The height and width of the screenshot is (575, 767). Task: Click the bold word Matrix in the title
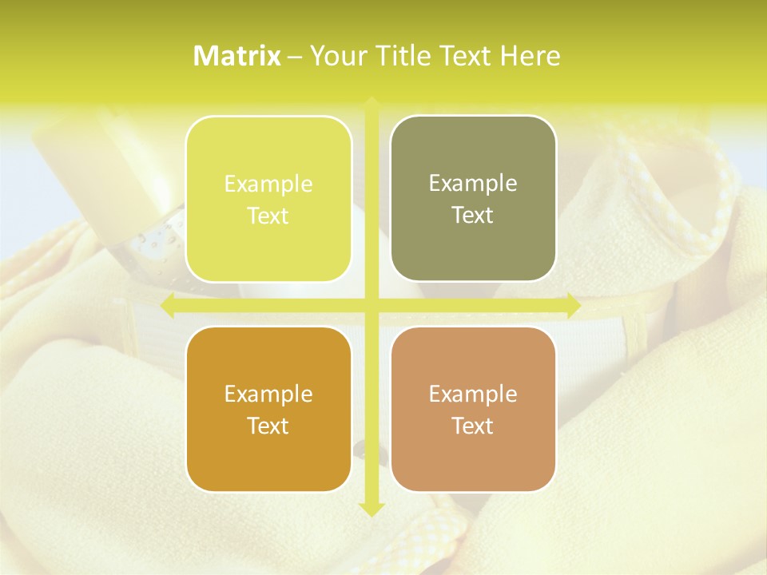coord(237,56)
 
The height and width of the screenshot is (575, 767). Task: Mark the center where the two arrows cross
coord(371,305)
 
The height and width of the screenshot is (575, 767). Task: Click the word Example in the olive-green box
coord(473,184)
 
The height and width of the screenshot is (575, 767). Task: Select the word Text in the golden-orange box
coord(268,426)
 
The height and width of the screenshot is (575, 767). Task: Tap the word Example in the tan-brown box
coord(473,394)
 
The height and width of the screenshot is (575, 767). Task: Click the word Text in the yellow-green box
coord(268,216)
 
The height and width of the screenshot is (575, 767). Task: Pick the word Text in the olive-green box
coord(473,215)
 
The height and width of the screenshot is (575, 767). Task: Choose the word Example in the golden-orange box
coord(268,394)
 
